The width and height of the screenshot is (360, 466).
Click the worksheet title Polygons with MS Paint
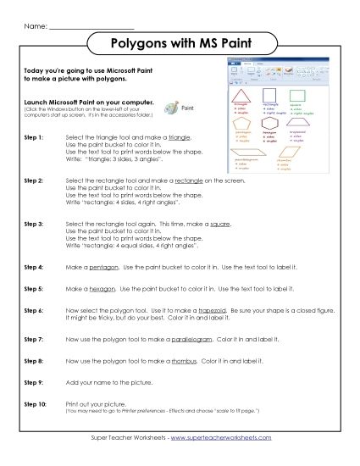[179, 42]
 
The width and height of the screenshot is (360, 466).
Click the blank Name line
[86, 27]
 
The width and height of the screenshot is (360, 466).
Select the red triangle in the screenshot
[242, 96]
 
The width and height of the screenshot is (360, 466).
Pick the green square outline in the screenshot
[298, 95]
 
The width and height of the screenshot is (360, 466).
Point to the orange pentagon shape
[241, 123]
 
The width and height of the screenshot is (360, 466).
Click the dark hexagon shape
[270, 123]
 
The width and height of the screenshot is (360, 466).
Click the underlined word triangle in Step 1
[179, 136]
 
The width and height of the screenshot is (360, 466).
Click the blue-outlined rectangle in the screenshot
[270, 95]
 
